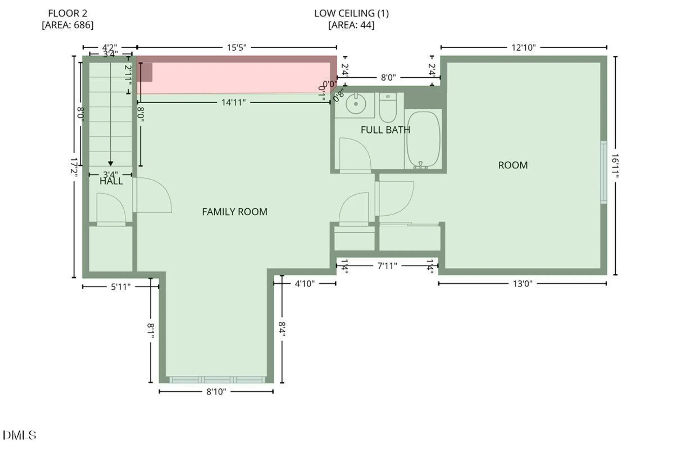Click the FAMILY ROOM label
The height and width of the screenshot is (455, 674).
click(235, 212)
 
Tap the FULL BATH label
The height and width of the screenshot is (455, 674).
click(385, 130)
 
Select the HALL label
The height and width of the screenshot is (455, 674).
click(111, 182)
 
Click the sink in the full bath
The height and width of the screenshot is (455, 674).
click(356, 104)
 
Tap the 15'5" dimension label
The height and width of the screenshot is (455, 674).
click(236, 48)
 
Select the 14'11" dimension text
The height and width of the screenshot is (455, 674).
click(233, 103)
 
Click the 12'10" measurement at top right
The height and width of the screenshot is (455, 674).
click(523, 48)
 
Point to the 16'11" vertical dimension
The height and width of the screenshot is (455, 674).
click(615, 165)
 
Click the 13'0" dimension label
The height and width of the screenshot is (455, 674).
click(522, 284)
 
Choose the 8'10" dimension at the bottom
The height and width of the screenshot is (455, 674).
click(216, 392)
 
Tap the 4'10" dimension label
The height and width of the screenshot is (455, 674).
click(305, 284)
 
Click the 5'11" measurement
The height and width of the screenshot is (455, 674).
click(120, 287)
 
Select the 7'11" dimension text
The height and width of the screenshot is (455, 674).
click(387, 266)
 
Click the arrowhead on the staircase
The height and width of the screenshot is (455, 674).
click(111, 164)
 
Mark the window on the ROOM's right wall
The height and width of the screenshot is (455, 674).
click(603, 172)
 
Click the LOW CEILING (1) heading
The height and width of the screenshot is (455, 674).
click(351, 14)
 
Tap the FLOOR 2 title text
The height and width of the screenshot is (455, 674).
click(67, 14)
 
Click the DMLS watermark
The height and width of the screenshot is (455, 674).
click(19, 435)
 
